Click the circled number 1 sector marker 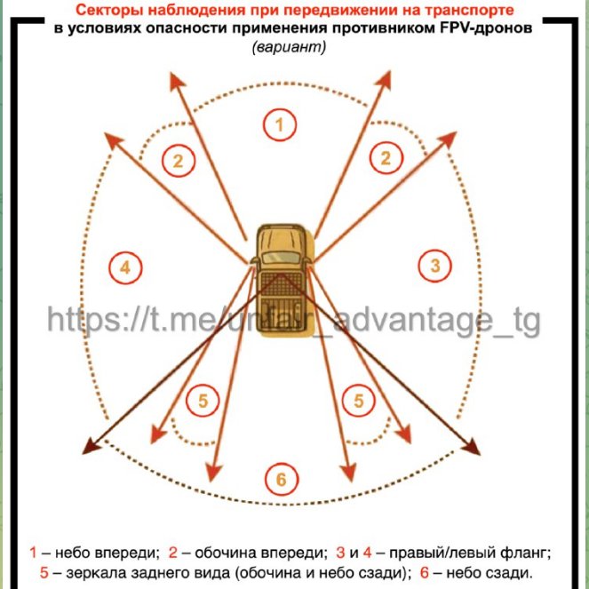point(280,124)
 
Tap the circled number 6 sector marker point(282,480)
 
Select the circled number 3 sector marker point(435,266)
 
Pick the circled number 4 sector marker point(125,267)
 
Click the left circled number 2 point(179,161)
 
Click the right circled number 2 point(386,158)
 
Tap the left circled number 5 point(203,401)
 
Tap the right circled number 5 point(359,401)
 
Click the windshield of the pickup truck point(282,258)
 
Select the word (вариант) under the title point(289,47)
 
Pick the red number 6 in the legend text point(425,572)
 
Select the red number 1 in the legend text point(33,553)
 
